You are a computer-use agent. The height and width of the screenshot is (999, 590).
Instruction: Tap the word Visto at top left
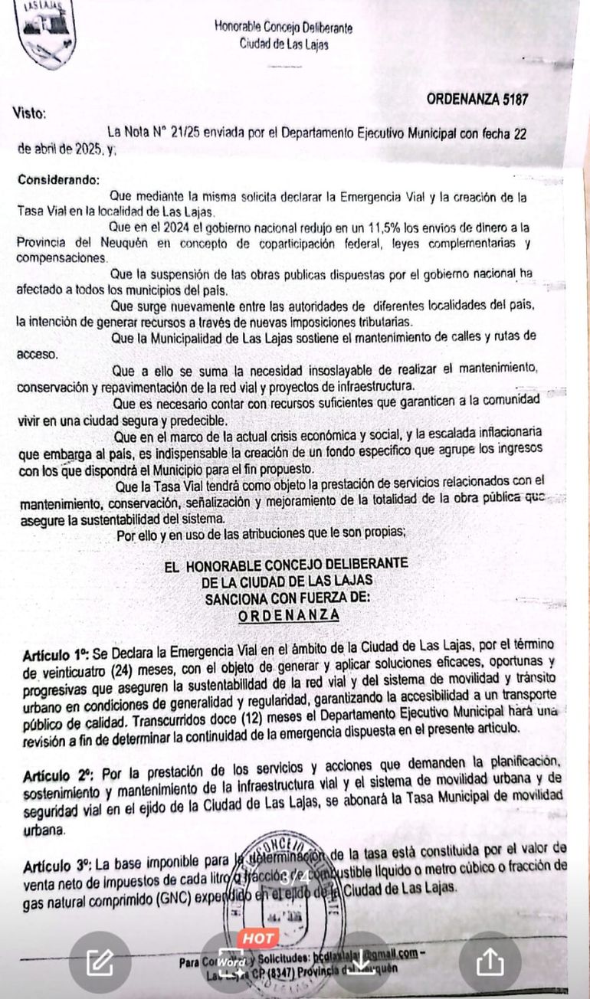[x=30, y=114]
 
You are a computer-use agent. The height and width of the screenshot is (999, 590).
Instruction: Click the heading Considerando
[x=58, y=180]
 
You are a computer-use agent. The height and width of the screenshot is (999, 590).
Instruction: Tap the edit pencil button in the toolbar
[x=100, y=961]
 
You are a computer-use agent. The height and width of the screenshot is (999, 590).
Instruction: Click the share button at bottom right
[x=490, y=962]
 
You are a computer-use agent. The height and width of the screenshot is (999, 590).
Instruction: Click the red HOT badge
[x=258, y=937]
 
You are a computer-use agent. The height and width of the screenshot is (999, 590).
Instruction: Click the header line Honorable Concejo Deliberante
[x=284, y=28]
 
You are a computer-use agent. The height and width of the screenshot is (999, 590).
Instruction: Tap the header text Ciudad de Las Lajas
[x=284, y=44]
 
